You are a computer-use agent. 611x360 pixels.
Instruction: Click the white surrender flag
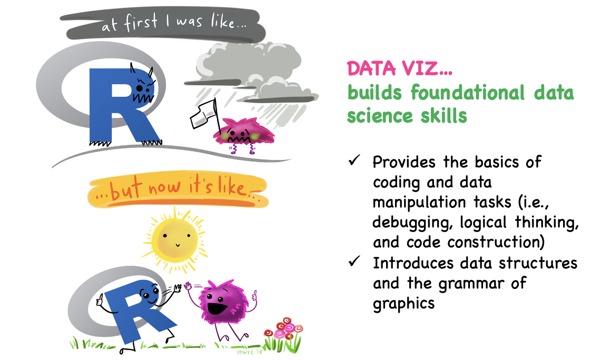click(x=203, y=114)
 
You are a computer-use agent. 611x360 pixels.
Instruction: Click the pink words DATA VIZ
click(x=399, y=68)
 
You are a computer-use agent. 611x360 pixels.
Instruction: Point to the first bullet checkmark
click(x=354, y=160)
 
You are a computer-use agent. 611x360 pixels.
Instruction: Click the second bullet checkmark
click(x=354, y=261)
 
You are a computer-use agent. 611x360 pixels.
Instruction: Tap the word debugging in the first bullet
click(x=412, y=223)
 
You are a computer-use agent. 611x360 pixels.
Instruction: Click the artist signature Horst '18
click(x=249, y=352)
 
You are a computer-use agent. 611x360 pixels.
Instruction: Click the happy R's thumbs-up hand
click(x=100, y=301)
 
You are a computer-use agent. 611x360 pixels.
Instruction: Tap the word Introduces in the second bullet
click(x=413, y=263)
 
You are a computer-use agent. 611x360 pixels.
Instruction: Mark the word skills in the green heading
click(x=444, y=116)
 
